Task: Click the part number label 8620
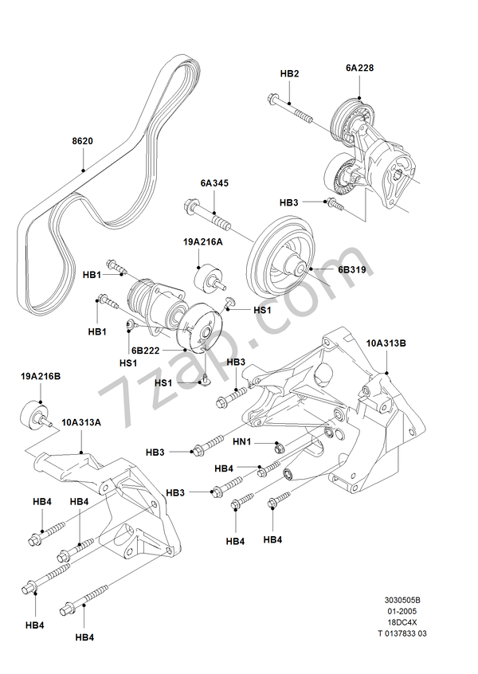(82, 141)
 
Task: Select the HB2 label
(290, 73)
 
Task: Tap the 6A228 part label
(359, 69)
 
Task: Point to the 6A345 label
(214, 182)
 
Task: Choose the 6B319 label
(351, 270)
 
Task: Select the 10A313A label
(81, 422)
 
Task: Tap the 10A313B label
(386, 343)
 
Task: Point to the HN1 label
(242, 441)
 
